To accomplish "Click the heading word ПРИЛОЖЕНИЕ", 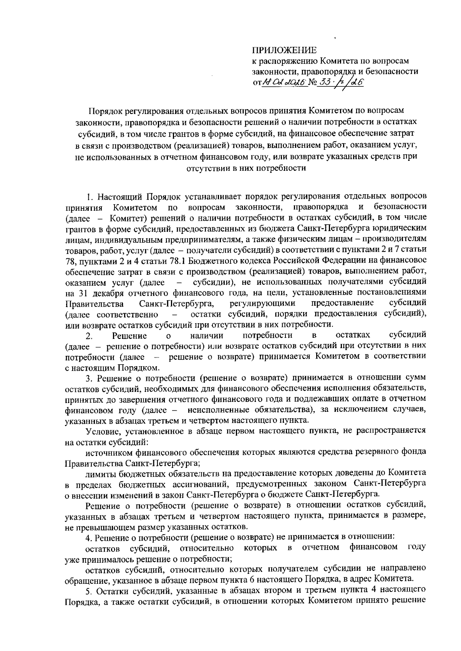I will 284,50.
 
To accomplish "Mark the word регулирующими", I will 262,304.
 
